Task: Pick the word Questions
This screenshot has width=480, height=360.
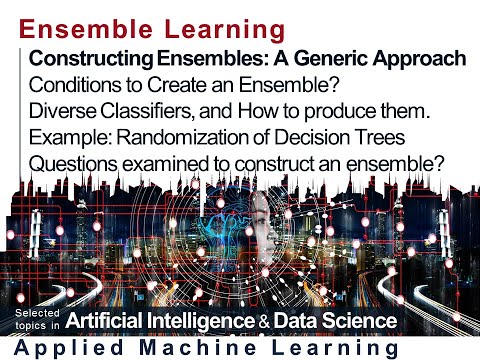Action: point(72,160)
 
